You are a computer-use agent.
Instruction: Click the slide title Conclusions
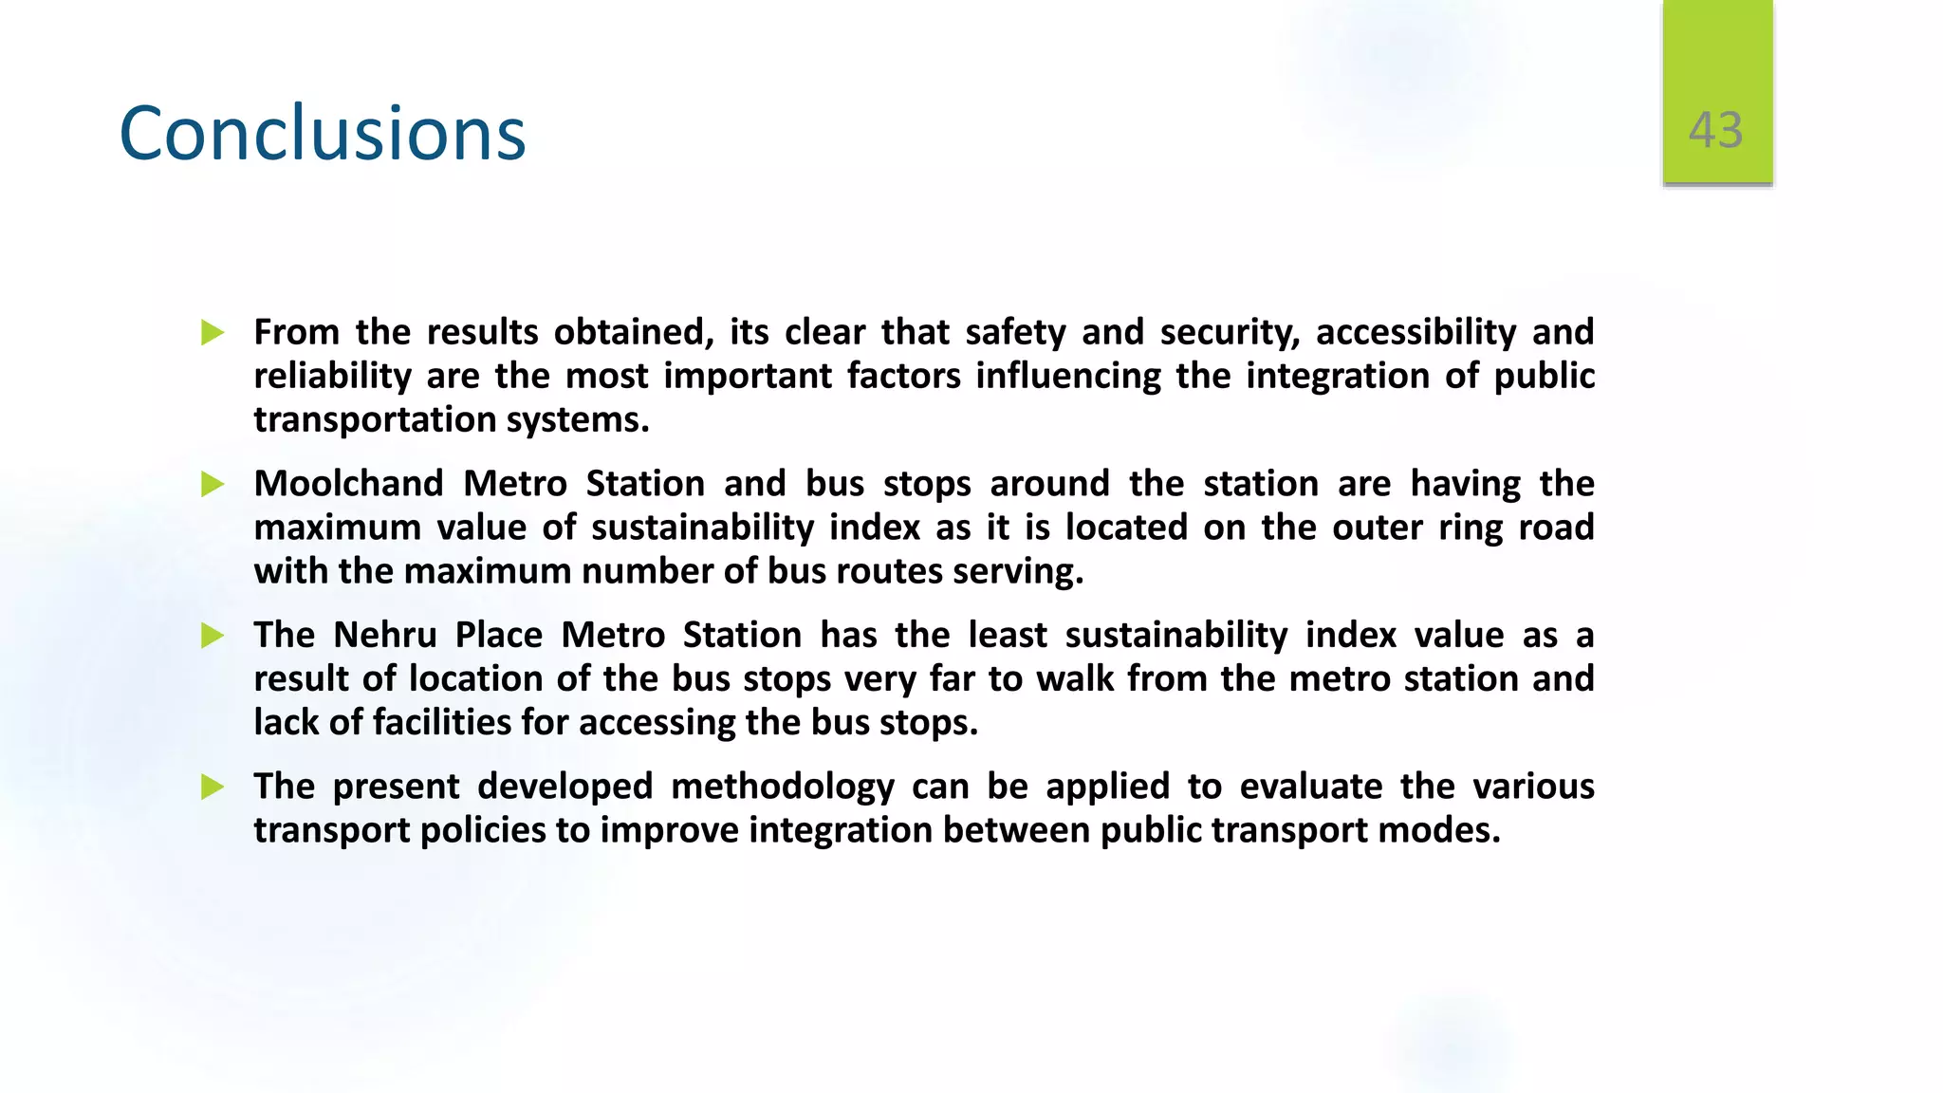(322, 133)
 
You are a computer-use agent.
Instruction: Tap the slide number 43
(1715, 130)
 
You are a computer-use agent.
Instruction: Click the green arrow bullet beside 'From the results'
(213, 333)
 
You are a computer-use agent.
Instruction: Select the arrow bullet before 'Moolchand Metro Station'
(213, 485)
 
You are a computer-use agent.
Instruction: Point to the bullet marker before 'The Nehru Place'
(213, 636)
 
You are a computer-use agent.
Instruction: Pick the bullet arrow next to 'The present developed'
(213, 787)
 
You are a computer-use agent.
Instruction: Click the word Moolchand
(348, 484)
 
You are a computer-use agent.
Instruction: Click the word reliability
(332, 377)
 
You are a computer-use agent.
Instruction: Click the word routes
(888, 571)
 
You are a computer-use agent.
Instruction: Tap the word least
(1007, 635)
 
